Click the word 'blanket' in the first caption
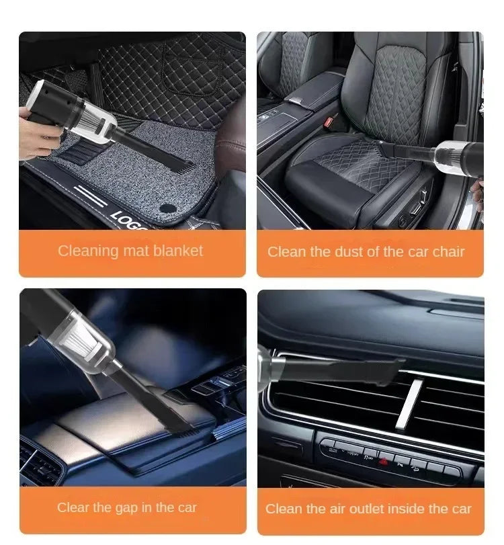pos(177,251)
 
